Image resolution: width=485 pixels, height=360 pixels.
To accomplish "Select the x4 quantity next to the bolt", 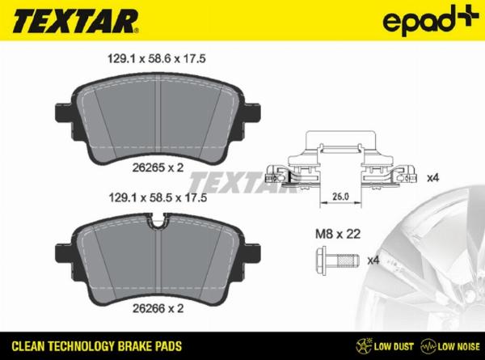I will [x=373, y=260].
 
